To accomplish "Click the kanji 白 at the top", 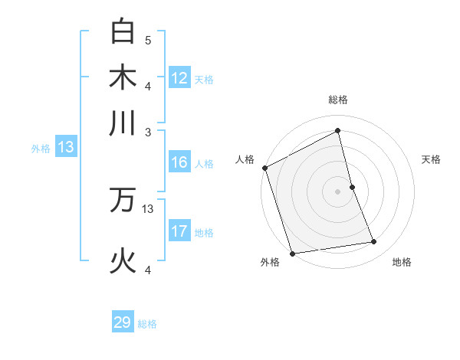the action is pyautogui.click(x=123, y=31).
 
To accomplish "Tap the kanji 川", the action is pyautogui.click(x=123, y=123).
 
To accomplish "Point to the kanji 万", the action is pyautogui.click(x=123, y=201).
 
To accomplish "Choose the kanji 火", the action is pyautogui.click(x=123, y=261).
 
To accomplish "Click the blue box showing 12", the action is pyautogui.click(x=179, y=77).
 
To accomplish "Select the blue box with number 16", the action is pyautogui.click(x=179, y=162).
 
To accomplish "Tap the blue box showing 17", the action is pyautogui.click(x=179, y=231).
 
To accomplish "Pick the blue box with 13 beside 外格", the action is pyautogui.click(x=65, y=147).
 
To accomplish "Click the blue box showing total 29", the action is pyautogui.click(x=123, y=322).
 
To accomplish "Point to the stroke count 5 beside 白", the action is pyautogui.click(x=148, y=38).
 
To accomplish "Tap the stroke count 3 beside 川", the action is pyautogui.click(x=148, y=132).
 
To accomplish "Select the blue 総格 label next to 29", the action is pyautogui.click(x=147, y=324).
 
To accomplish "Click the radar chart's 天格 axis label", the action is pyautogui.click(x=431, y=159).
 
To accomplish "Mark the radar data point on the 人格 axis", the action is pyautogui.click(x=264, y=168).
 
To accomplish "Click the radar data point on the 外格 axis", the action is pyautogui.click(x=292, y=253).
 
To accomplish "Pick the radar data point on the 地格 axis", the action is pyautogui.click(x=374, y=242).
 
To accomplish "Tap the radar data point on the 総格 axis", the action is pyautogui.click(x=338, y=131).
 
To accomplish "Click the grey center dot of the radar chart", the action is pyautogui.click(x=338, y=191).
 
